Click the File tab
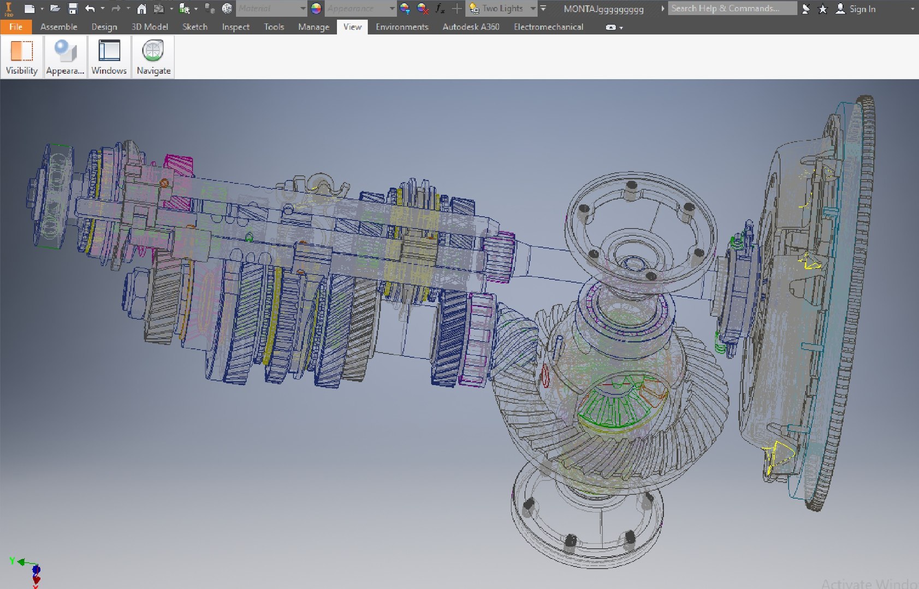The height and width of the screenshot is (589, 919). (16, 27)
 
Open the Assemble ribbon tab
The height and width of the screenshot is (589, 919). (58, 27)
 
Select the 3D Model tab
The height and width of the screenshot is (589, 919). (149, 27)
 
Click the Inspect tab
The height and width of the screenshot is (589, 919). (235, 27)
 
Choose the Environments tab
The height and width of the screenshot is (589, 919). (402, 27)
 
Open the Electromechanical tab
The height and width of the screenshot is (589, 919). (548, 27)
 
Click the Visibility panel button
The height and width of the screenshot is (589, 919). (22, 57)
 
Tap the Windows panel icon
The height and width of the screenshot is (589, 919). (109, 57)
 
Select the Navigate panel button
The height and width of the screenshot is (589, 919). (153, 57)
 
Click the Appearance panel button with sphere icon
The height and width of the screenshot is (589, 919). (65, 57)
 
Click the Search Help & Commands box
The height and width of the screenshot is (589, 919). (731, 8)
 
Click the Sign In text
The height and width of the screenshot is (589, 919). (862, 9)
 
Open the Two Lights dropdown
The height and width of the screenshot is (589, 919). (533, 8)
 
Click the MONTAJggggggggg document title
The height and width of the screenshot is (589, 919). (603, 9)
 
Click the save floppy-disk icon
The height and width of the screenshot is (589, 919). (73, 8)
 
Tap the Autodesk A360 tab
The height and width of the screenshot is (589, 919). (471, 27)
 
